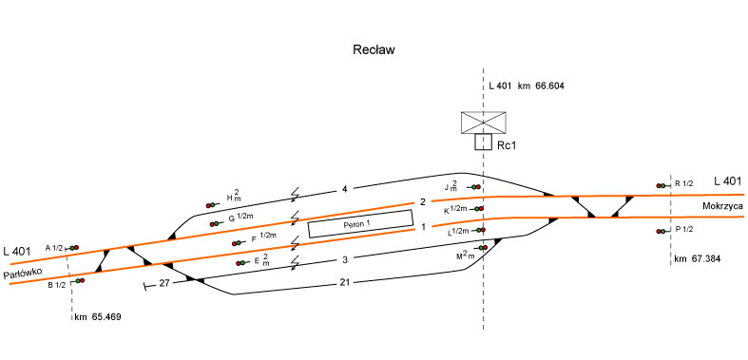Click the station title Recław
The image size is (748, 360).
click(x=374, y=50)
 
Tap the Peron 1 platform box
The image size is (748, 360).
click(x=360, y=223)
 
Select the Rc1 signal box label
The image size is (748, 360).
click(x=507, y=146)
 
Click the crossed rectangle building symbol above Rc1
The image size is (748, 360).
click(x=483, y=123)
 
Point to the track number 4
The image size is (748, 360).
click(x=344, y=190)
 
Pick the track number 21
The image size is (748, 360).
click(x=345, y=282)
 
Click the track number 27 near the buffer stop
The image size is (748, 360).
click(x=164, y=283)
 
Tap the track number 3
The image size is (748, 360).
click(x=345, y=260)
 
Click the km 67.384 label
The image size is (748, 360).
click(x=698, y=259)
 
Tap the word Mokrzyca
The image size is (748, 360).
click(x=720, y=206)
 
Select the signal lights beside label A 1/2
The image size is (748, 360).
click(x=72, y=248)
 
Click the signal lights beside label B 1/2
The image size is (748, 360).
click(x=79, y=281)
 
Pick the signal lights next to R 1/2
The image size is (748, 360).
click(x=663, y=185)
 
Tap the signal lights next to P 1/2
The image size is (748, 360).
click(x=663, y=231)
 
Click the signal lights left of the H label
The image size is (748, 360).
click(x=212, y=205)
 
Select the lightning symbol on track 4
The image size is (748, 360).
click(x=296, y=195)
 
